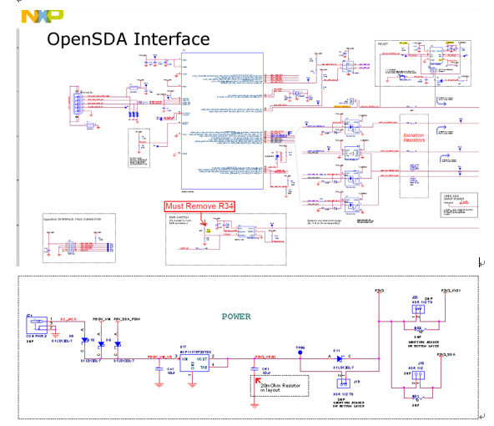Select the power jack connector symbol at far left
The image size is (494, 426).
[x=35, y=323]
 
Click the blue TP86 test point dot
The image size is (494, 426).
[x=300, y=355]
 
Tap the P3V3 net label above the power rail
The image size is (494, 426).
[x=379, y=290]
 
